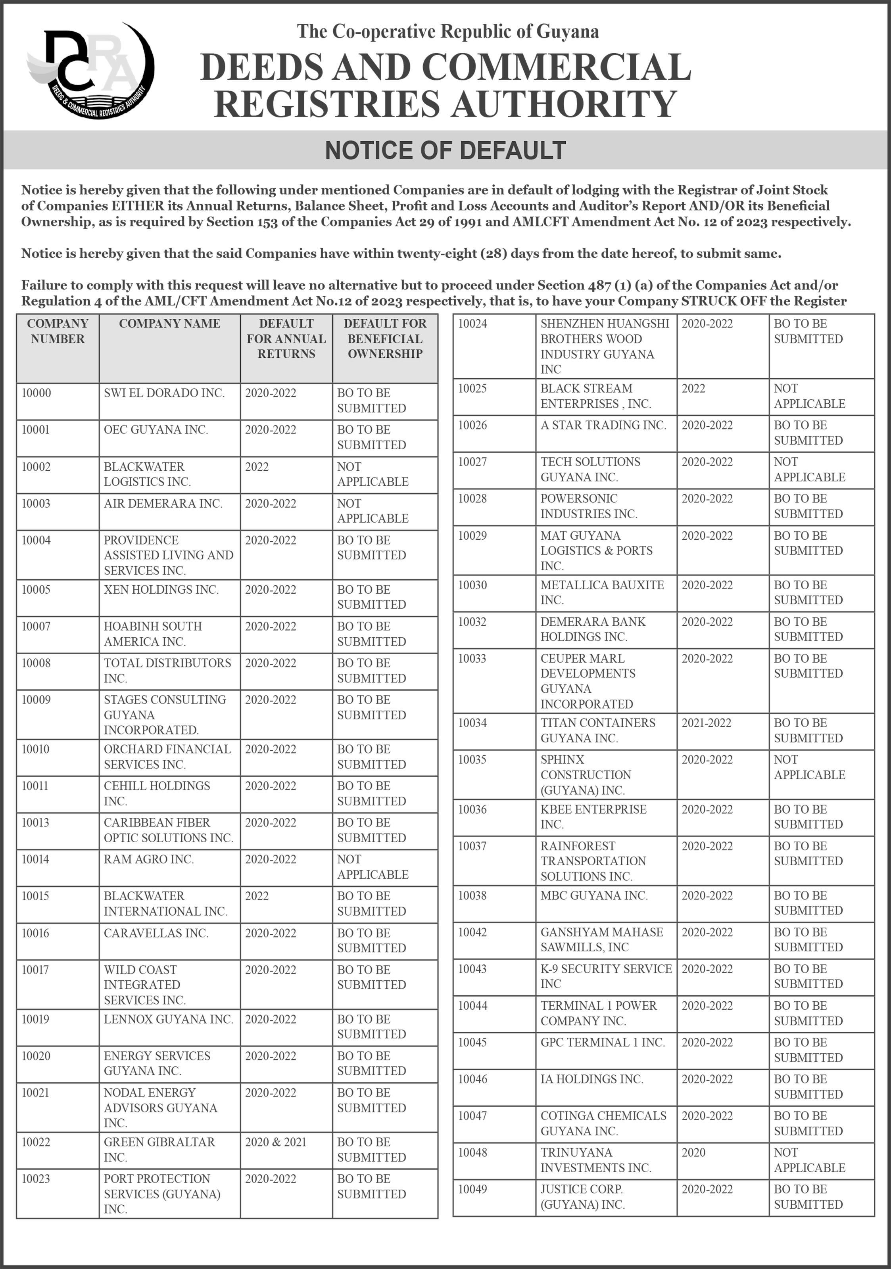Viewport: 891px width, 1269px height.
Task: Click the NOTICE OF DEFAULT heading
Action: click(445, 150)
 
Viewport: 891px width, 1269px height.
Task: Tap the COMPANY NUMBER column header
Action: click(58, 331)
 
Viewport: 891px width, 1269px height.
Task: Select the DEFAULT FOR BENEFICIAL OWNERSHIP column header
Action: click(385, 338)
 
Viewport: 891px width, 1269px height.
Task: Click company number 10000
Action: click(36, 393)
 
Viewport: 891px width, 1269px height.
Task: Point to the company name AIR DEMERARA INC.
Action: click(163, 504)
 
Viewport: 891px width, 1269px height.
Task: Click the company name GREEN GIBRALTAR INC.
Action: click(159, 1149)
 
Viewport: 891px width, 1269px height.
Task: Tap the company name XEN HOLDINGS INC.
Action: click(161, 590)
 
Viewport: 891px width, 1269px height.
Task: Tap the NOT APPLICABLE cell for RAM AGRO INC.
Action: click(373, 866)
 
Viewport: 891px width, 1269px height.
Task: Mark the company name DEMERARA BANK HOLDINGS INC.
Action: click(593, 629)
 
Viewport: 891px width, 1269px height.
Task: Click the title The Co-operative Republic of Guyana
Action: click(448, 31)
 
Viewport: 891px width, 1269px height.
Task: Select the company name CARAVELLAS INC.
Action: click(156, 933)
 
